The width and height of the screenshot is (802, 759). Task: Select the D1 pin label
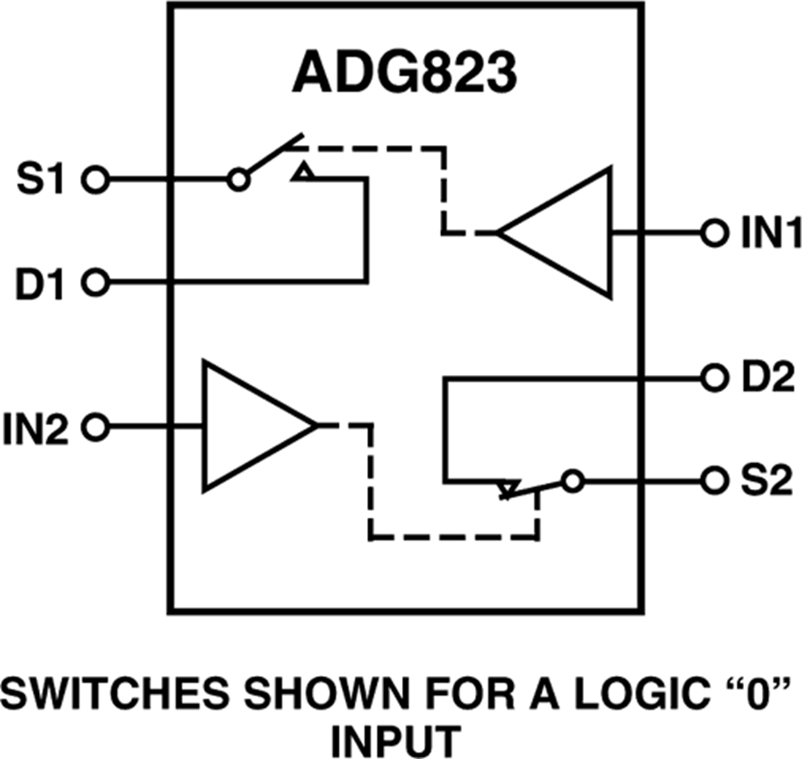point(39,284)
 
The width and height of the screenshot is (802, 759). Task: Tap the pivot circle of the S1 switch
point(237,181)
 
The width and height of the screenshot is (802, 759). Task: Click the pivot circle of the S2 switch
point(571,481)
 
